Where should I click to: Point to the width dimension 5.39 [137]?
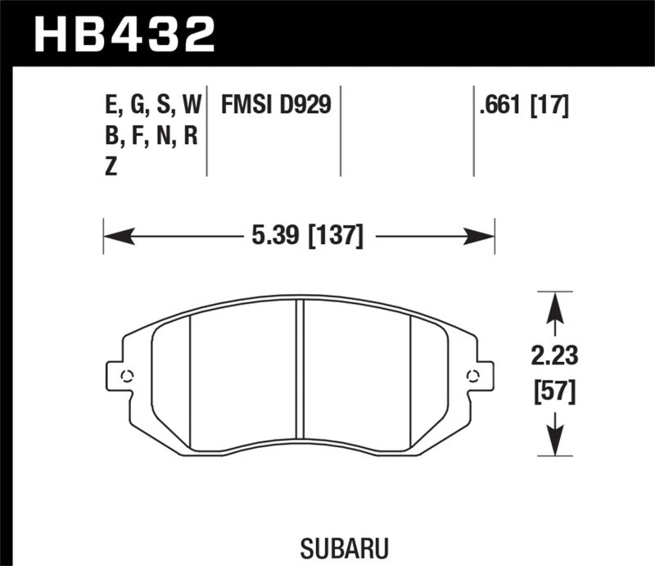tap(302, 237)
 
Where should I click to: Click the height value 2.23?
tap(554, 357)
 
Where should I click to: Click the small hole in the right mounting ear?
tap(472, 376)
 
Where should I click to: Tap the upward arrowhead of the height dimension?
tap(554, 304)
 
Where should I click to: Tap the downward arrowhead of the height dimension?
tap(554, 443)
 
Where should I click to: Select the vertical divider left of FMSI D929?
tap(206, 129)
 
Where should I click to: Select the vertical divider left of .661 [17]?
tap(474, 129)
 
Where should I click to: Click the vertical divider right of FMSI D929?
tap(340, 129)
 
